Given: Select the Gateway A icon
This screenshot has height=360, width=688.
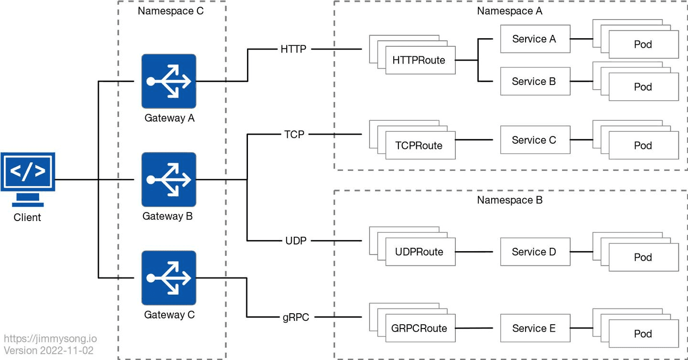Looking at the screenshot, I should point(169,81).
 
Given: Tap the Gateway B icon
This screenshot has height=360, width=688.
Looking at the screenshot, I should point(169,180).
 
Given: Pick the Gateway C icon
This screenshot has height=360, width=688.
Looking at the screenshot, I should point(169,278).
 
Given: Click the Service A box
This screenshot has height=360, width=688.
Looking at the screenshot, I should point(535,39).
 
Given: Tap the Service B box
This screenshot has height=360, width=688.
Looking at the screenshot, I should point(535,82).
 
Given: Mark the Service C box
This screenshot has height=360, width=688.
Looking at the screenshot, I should point(535,140).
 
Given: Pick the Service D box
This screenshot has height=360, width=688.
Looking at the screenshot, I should point(535,252).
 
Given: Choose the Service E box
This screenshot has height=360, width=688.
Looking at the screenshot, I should point(535,328).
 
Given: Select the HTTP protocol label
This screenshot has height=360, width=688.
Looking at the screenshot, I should point(293,49).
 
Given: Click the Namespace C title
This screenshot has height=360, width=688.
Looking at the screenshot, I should point(171,11).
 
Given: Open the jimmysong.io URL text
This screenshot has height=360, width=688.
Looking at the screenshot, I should point(50,339).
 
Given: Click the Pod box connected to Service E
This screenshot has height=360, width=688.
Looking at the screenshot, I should point(643,334).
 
